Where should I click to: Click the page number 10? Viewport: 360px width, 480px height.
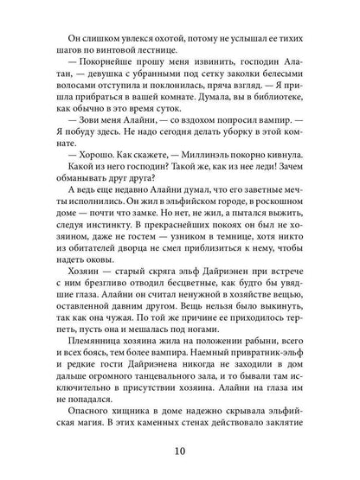(x=180, y=451)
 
